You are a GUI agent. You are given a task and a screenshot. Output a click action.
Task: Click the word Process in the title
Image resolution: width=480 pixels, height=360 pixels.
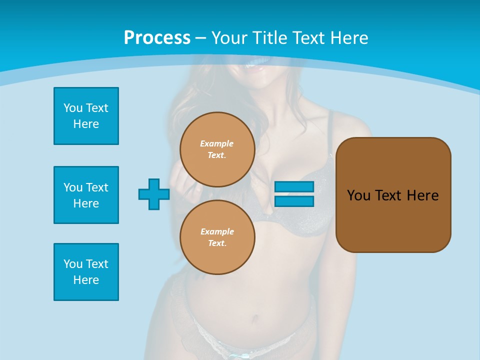click(x=157, y=38)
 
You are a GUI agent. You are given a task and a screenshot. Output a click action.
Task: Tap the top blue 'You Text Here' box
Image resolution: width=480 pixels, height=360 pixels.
click(x=86, y=116)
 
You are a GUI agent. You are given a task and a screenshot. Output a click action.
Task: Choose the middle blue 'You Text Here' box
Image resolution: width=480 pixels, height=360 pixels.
click(x=86, y=195)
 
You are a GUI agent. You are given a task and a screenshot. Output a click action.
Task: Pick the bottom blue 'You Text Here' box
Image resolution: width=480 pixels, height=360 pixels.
click(x=86, y=272)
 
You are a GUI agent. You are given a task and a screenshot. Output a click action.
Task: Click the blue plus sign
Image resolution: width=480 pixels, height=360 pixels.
click(x=153, y=194)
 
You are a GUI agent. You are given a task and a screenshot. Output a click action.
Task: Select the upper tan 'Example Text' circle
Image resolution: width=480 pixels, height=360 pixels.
click(x=217, y=149)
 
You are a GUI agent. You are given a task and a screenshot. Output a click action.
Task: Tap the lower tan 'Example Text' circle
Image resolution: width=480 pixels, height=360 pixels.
click(x=217, y=237)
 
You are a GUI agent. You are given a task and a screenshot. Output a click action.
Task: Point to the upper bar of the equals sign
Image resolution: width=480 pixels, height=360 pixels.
click(x=294, y=186)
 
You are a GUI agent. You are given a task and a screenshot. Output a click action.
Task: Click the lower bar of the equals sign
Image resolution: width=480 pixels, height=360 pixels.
click(x=294, y=201)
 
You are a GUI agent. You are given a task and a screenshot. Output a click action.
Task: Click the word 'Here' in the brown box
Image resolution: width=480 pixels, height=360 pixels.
click(x=422, y=195)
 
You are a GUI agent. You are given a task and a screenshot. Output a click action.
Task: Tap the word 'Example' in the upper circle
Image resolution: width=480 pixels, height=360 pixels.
click(x=216, y=143)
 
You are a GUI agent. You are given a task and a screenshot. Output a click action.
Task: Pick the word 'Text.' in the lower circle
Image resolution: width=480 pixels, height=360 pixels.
click(x=216, y=243)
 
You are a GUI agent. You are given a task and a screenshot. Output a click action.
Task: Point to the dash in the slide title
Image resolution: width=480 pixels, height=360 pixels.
click(x=200, y=38)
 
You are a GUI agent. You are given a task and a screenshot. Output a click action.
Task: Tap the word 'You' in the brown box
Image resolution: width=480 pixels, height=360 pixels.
click(x=358, y=195)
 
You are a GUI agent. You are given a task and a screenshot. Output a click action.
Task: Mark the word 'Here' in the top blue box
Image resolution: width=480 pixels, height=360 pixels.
click(x=86, y=124)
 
